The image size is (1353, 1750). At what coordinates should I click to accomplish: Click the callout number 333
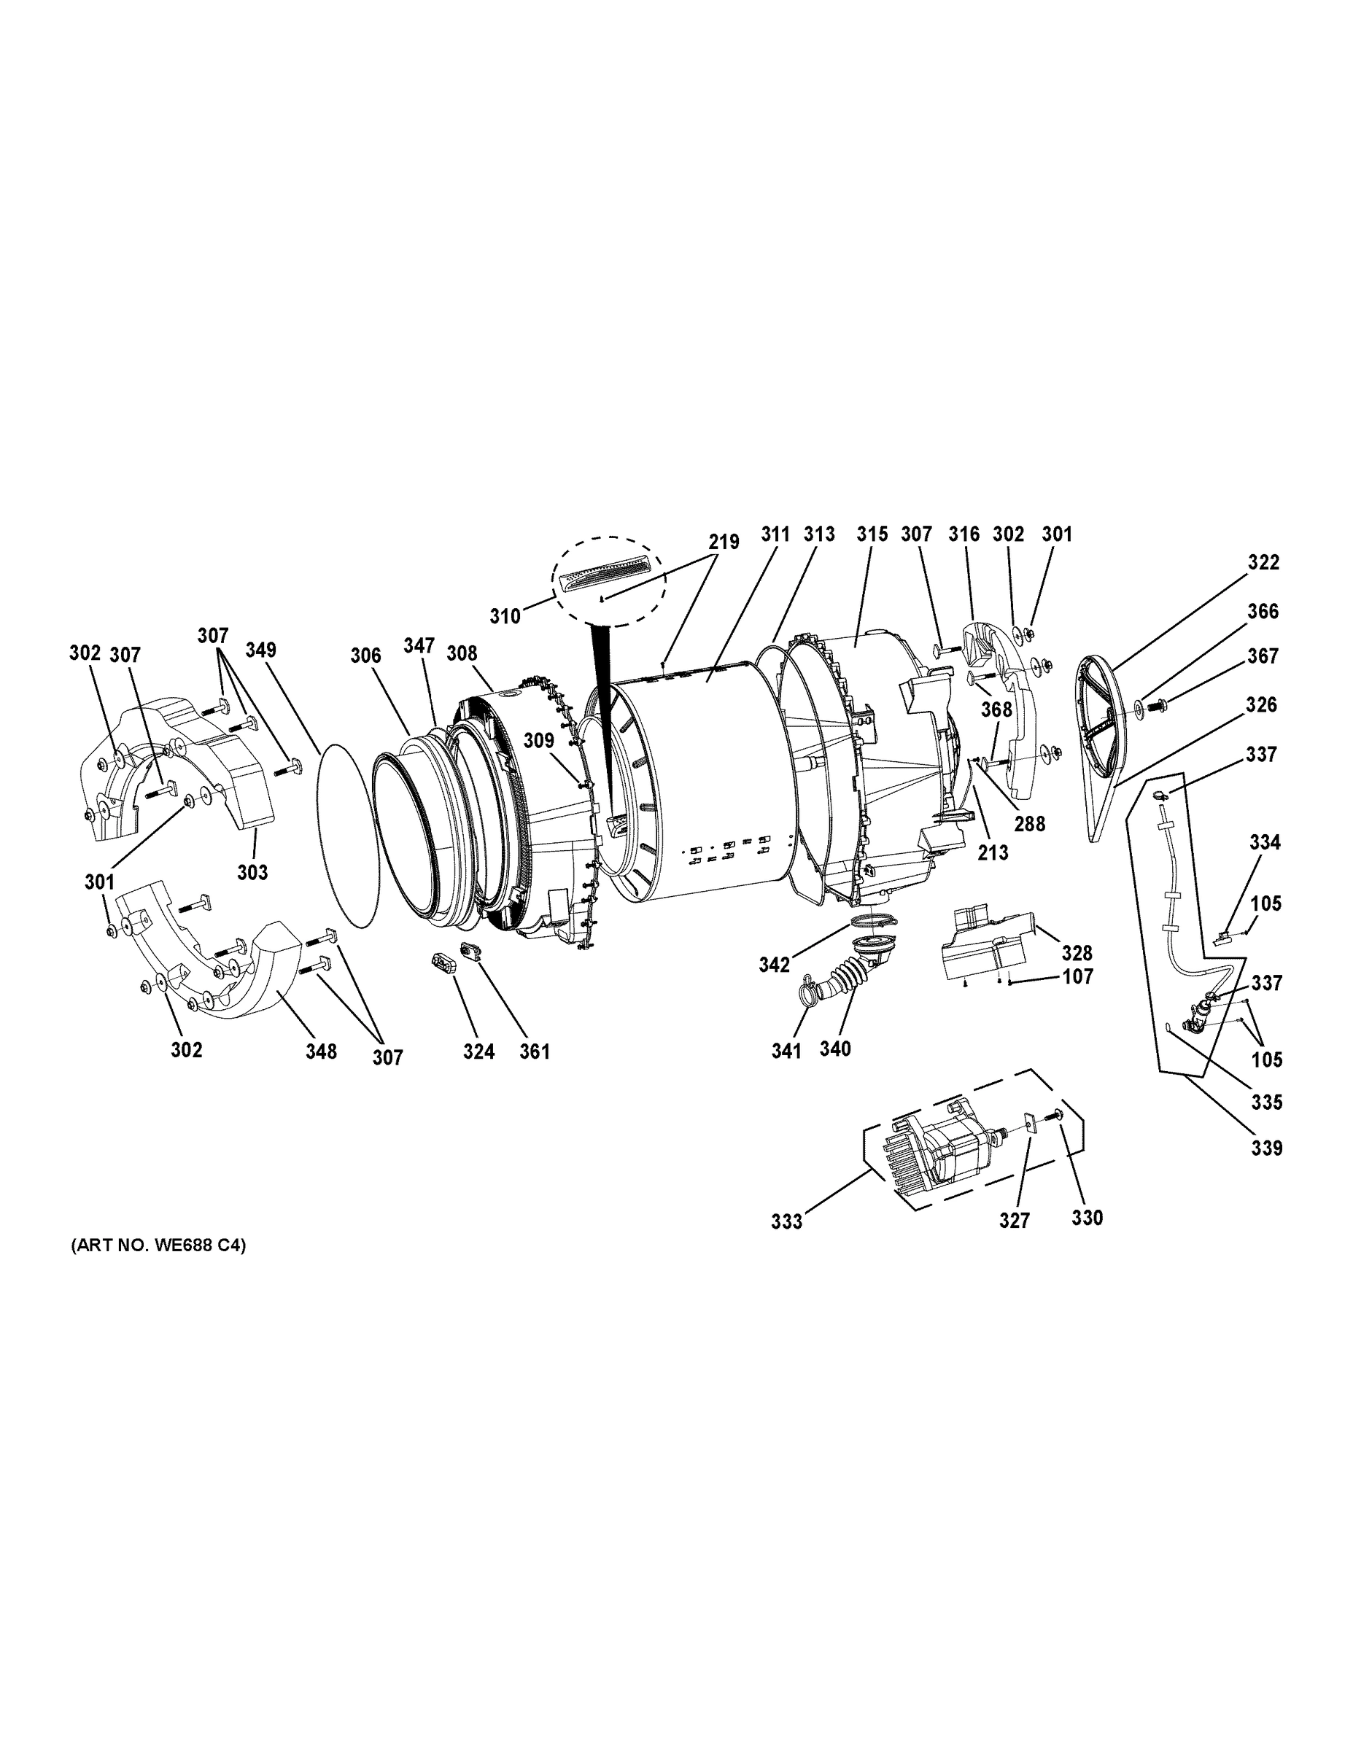786,1222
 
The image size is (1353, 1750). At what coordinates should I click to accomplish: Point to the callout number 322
1263,562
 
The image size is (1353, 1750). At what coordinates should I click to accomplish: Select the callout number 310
505,616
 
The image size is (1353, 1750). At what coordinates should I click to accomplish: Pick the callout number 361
535,1051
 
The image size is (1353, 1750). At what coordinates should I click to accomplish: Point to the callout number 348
321,1051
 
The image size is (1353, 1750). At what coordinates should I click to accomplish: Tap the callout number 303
252,872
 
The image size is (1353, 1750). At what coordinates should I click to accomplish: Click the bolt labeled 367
1154,706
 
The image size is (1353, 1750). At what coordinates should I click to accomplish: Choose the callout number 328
1077,953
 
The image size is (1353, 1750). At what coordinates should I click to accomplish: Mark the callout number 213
992,853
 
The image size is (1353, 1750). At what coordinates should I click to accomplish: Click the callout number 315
872,534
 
